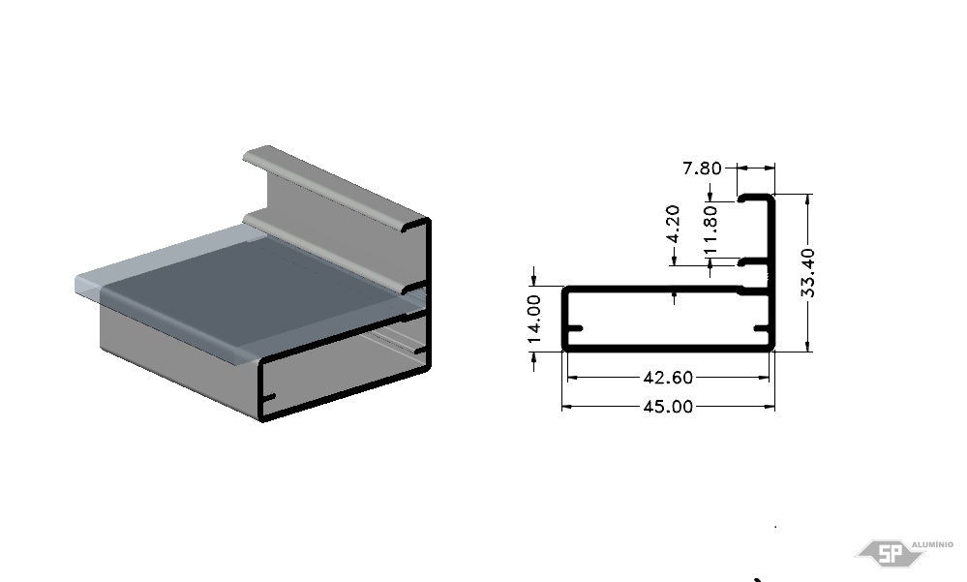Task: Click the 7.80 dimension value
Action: [x=702, y=168]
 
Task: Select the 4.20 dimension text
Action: [x=673, y=224]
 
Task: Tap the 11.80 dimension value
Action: [x=710, y=230]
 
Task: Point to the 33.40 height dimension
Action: [x=807, y=272]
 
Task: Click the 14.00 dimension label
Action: [x=534, y=319]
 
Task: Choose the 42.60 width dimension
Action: [x=668, y=377]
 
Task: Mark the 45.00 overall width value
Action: [x=668, y=407]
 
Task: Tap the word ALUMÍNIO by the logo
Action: [x=932, y=544]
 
